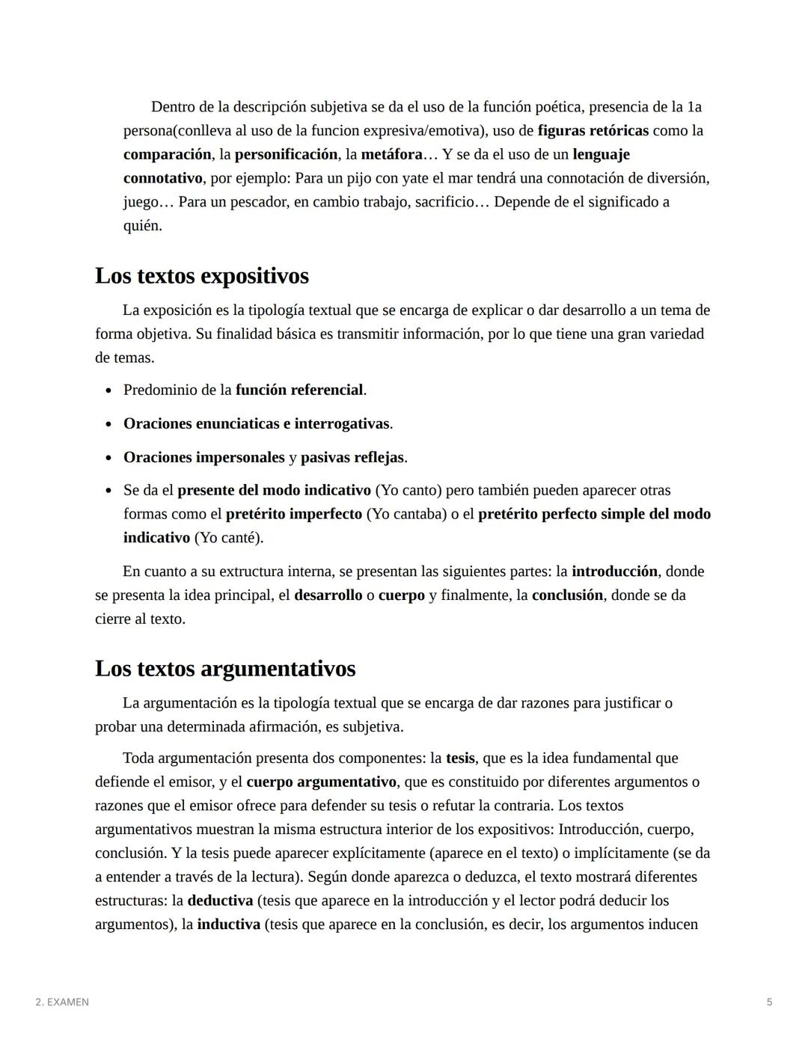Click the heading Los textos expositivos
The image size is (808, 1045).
[x=201, y=276]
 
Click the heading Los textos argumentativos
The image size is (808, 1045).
[x=224, y=669]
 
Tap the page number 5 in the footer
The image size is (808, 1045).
[x=769, y=1002]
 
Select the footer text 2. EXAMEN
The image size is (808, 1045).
[x=62, y=1002]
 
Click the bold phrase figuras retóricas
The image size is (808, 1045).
[x=593, y=131]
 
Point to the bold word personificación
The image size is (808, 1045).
[x=286, y=155]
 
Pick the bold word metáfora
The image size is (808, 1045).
[x=391, y=155]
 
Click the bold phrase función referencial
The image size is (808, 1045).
[x=299, y=390]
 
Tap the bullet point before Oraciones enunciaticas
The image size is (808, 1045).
[x=109, y=425]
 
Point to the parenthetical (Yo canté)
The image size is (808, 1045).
[x=228, y=539]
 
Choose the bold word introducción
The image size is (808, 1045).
[x=614, y=572]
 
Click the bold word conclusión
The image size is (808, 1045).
[x=567, y=596]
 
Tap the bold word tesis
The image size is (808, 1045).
[x=460, y=759]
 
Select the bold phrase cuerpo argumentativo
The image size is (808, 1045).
[x=321, y=782]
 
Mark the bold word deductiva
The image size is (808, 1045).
[x=220, y=901]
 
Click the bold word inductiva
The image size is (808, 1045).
[x=228, y=925]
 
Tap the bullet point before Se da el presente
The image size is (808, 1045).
[x=109, y=491]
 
